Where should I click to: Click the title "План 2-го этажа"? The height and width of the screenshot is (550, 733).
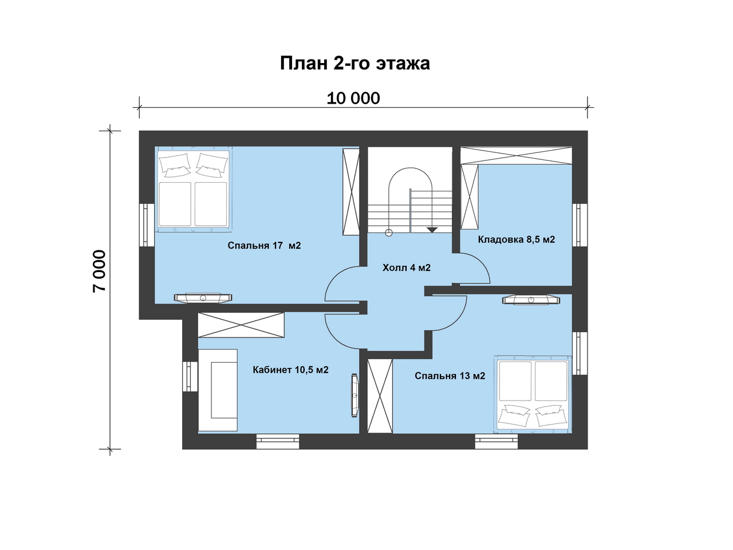(x=354, y=64)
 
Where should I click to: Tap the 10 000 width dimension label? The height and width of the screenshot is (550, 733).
(x=353, y=99)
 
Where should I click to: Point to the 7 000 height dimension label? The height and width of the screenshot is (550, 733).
(x=99, y=271)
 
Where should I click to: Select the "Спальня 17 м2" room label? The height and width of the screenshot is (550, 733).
(x=264, y=245)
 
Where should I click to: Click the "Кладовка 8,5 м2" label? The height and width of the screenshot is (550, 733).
(x=517, y=239)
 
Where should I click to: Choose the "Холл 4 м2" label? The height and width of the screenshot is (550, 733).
(x=407, y=268)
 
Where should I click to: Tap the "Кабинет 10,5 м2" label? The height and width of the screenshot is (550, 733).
(x=290, y=370)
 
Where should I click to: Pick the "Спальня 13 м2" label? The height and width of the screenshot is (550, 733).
(x=450, y=376)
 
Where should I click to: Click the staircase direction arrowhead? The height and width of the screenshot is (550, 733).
(x=432, y=230)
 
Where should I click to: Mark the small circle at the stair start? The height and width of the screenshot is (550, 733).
(x=389, y=233)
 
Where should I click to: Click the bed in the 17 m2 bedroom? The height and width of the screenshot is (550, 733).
(x=194, y=189)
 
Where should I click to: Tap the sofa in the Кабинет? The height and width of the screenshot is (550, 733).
(x=218, y=390)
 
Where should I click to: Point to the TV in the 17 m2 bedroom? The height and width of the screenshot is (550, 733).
(x=203, y=298)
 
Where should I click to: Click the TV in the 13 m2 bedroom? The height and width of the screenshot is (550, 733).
(x=531, y=300)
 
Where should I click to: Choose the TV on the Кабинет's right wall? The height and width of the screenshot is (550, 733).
(x=354, y=395)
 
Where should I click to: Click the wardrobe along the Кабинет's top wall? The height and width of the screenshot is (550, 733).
(x=241, y=325)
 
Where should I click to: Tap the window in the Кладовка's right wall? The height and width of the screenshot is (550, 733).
(x=580, y=225)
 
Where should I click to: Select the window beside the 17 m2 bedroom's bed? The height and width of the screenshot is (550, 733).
(x=147, y=225)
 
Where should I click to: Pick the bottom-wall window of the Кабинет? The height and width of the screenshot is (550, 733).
(x=278, y=441)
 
